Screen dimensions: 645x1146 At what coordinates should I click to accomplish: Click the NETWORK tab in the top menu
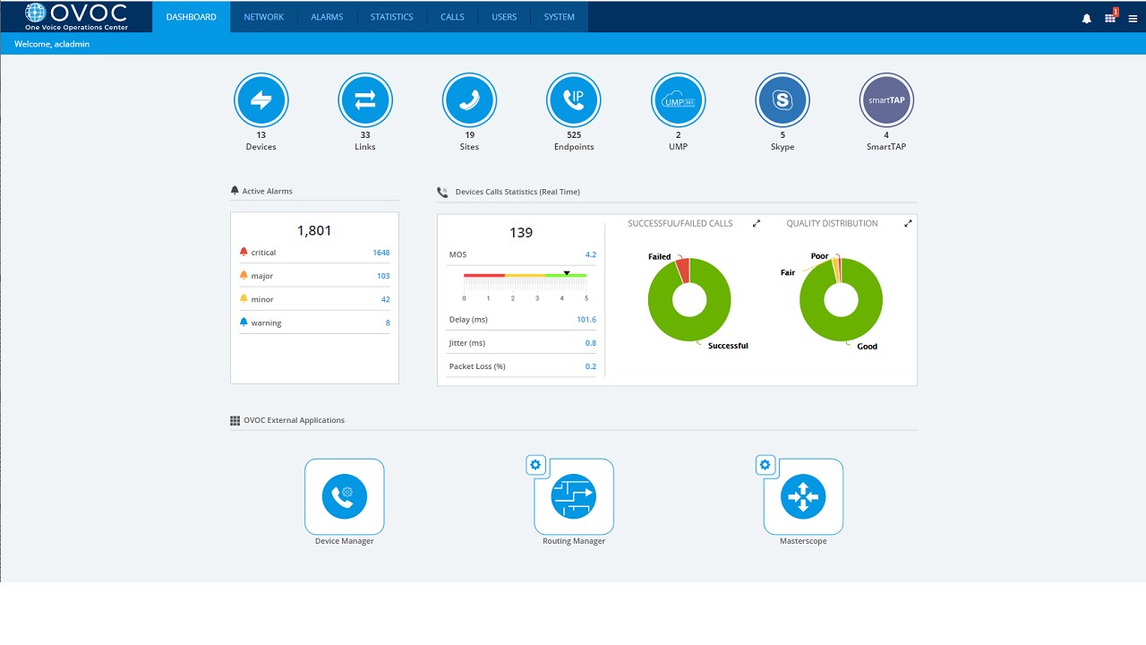[x=263, y=17]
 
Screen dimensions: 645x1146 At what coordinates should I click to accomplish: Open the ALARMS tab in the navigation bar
[x=327, y=17]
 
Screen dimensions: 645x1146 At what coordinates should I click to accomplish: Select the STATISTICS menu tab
[x=391, y=17]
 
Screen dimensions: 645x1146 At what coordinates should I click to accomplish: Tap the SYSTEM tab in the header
[x=559, y=17]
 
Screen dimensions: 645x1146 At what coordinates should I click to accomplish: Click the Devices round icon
[x=261, y=100]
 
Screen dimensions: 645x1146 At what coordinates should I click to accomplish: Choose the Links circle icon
[x=365, y=100]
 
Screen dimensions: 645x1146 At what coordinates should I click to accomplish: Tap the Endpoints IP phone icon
[x=574, y=100]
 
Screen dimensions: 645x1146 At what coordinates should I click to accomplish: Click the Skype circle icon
[x=783, y=100]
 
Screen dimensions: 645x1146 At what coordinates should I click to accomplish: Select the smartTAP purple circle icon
[x=886, y=100]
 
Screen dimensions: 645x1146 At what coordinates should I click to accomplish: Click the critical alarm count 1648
[x=381, y=253]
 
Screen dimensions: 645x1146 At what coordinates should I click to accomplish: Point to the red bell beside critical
[x=244, y=253]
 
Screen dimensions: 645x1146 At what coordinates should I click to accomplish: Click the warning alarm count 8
[x=387, y=322]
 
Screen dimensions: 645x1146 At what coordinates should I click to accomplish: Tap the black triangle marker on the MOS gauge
[x=567, y=272]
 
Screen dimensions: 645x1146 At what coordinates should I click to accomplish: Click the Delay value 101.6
[x=586, y=320]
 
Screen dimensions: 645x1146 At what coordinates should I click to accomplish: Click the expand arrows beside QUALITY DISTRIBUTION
[x=908, y=224]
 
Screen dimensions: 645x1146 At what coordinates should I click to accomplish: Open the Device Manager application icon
[x=345, y=496]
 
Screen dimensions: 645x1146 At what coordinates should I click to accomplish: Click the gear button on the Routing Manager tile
[x=535, y=465]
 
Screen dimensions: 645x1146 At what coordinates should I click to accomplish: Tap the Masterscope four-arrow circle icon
[x=803, y=496]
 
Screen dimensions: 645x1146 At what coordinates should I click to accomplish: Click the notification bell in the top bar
[x=1086, y=18]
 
